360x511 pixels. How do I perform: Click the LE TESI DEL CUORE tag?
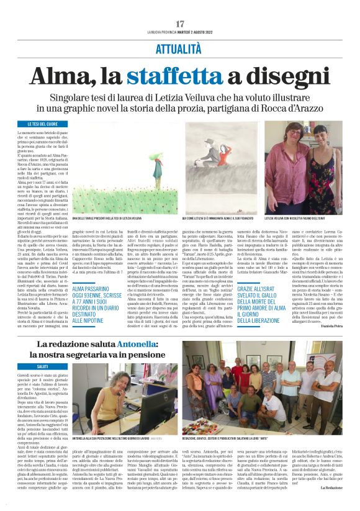tap(38, 124)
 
